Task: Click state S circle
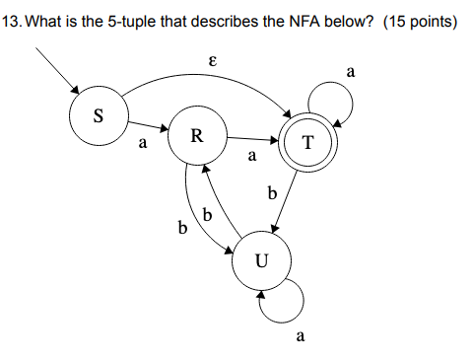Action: pyautogui.click(x=97, y=114)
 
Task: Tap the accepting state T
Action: pyautogui.click(x=308, y=144)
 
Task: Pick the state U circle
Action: pyautogui.click(x=261, y=261)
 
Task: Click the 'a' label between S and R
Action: pyautogui.click(x=143, y=145)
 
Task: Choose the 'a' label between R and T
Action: pyautogui.click(x=252, y=155)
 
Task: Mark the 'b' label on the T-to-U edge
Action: pyautogui.click(x=271, y=190)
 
